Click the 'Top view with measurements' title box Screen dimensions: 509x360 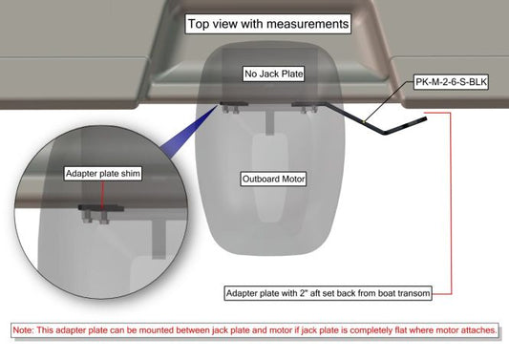pos(268,24)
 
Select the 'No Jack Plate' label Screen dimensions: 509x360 pos(274,74)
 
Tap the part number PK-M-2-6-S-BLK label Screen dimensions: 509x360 pos(451,82)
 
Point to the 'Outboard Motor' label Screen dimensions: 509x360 pos(273,179)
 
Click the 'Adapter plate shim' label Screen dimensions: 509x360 pos(103,174)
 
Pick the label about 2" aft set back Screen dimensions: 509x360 pos(329,293)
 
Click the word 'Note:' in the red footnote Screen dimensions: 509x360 pos(23,330)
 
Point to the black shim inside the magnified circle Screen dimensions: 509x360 pos(101,208)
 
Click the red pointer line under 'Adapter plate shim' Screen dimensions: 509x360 pos(102,195)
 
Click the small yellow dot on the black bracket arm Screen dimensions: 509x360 pos(364,121)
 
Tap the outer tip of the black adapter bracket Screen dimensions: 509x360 pos(426,118)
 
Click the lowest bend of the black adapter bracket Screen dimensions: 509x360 pos(385,133)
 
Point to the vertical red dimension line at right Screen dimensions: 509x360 pos(451,203)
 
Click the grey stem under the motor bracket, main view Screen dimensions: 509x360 pos(270,122)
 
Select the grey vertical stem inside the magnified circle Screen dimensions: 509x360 pos(159,238)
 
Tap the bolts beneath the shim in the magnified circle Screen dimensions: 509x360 pos(95,218)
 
